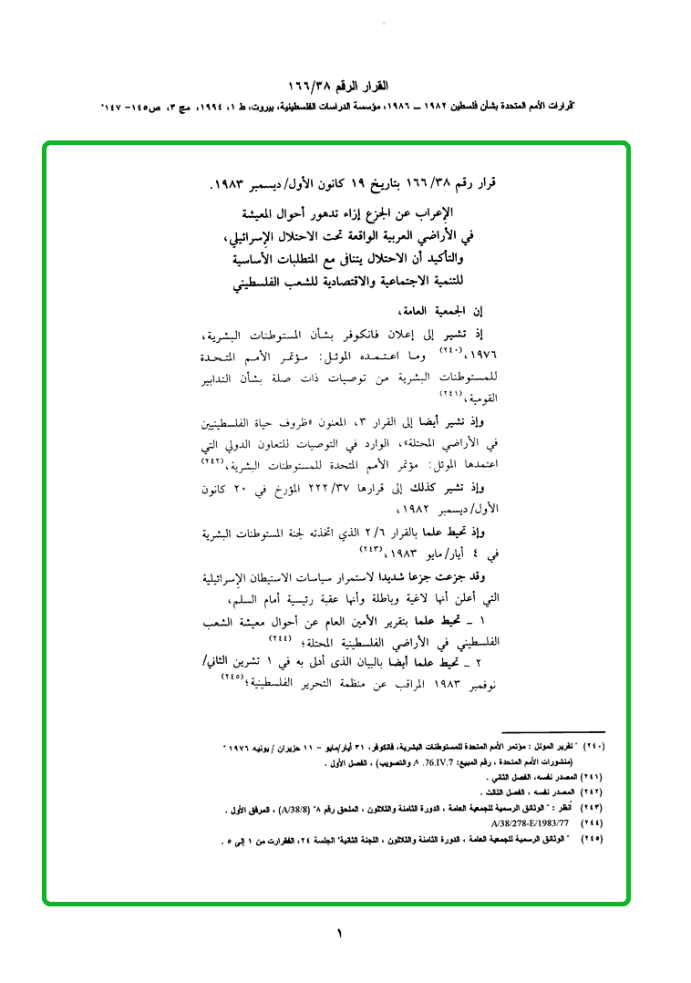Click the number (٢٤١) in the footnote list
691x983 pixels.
click(x=593, y=778)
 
